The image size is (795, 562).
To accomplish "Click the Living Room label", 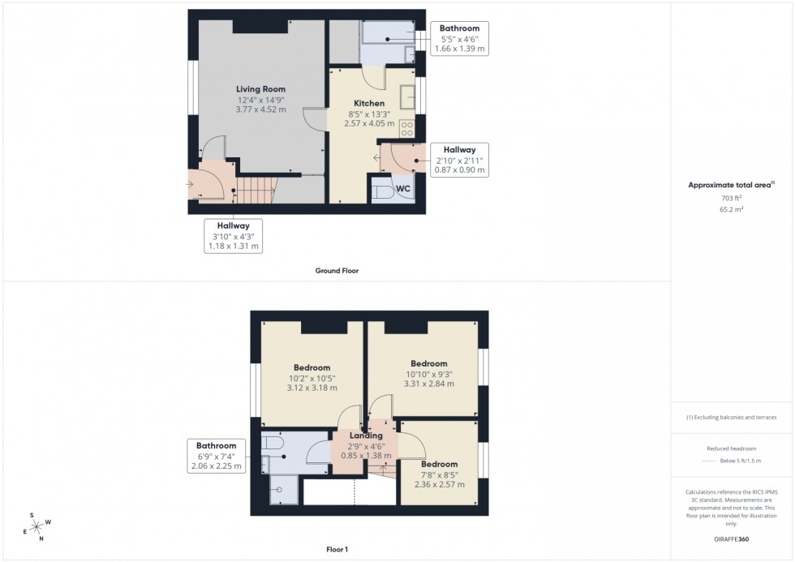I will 260,89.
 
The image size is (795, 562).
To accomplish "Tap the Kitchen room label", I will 368,104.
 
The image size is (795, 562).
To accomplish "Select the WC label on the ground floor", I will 403,189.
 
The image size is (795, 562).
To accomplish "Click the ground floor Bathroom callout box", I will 459,38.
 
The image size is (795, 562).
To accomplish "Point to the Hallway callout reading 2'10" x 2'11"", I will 459,161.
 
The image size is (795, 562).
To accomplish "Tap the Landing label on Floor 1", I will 366,435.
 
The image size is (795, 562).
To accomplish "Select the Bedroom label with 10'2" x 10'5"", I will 312,367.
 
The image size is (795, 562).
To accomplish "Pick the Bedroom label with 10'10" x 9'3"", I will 428,363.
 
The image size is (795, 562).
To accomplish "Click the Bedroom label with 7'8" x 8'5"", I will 439,465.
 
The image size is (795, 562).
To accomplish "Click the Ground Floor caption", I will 337,271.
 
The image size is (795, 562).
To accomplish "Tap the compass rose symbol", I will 37,526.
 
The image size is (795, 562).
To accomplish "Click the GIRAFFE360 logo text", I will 732,538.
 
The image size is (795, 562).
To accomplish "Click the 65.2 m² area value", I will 731,208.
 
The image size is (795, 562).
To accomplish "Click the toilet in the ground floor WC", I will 382,191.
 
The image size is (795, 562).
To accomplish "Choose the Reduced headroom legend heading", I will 731,448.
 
